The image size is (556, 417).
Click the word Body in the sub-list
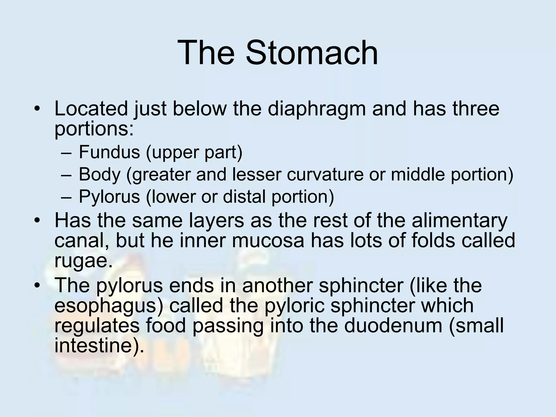click(x=99, y=174)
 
